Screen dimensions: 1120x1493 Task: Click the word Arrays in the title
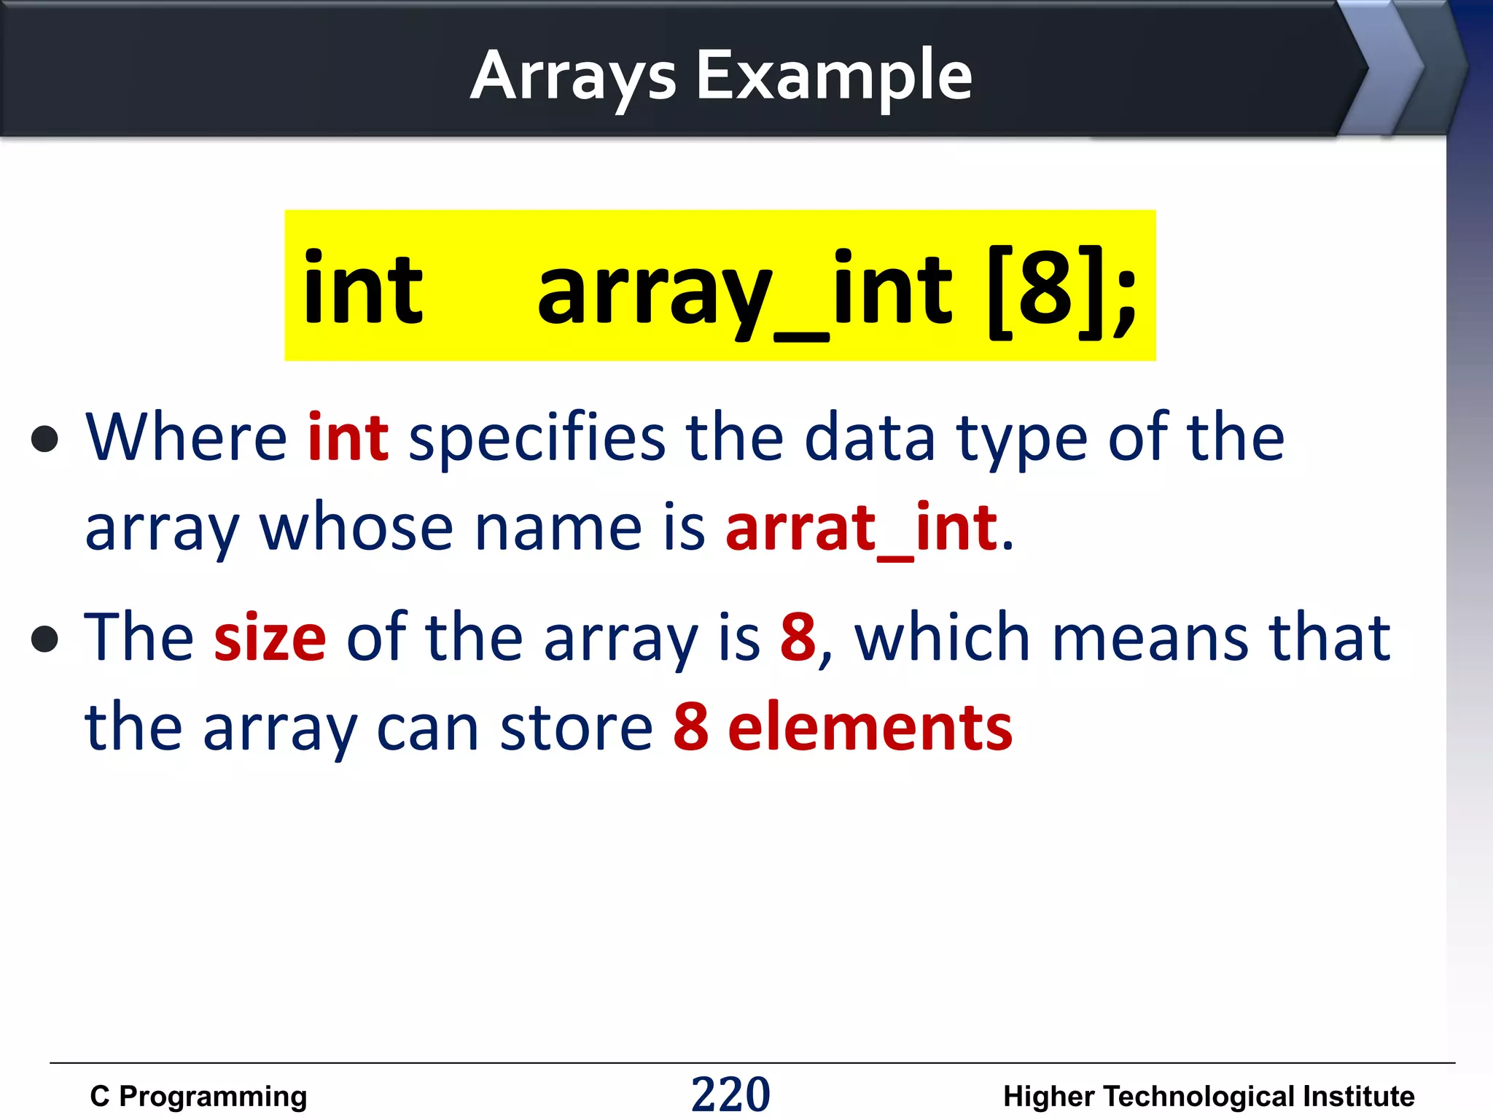click(x=574, y=76)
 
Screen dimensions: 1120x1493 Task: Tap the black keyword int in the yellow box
click(x=362, y=289)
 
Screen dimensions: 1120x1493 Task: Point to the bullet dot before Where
click(x=45, y=438)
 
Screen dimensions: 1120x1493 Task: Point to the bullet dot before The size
click(x=45, y=639)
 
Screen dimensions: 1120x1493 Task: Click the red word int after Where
click(x=348, y=437)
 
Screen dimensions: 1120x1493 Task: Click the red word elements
click(x=870, y=727)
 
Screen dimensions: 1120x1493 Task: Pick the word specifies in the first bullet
click(x=537, y=439)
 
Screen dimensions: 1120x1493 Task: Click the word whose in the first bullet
click(x=356, y=528)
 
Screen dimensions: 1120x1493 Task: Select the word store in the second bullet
click(x=576, y=728)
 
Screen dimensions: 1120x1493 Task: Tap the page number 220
click(x=730, y=1094)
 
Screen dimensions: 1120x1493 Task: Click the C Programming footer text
click(x=198, y=1096)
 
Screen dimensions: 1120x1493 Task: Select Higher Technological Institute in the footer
click(x=1208, y=1096)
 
